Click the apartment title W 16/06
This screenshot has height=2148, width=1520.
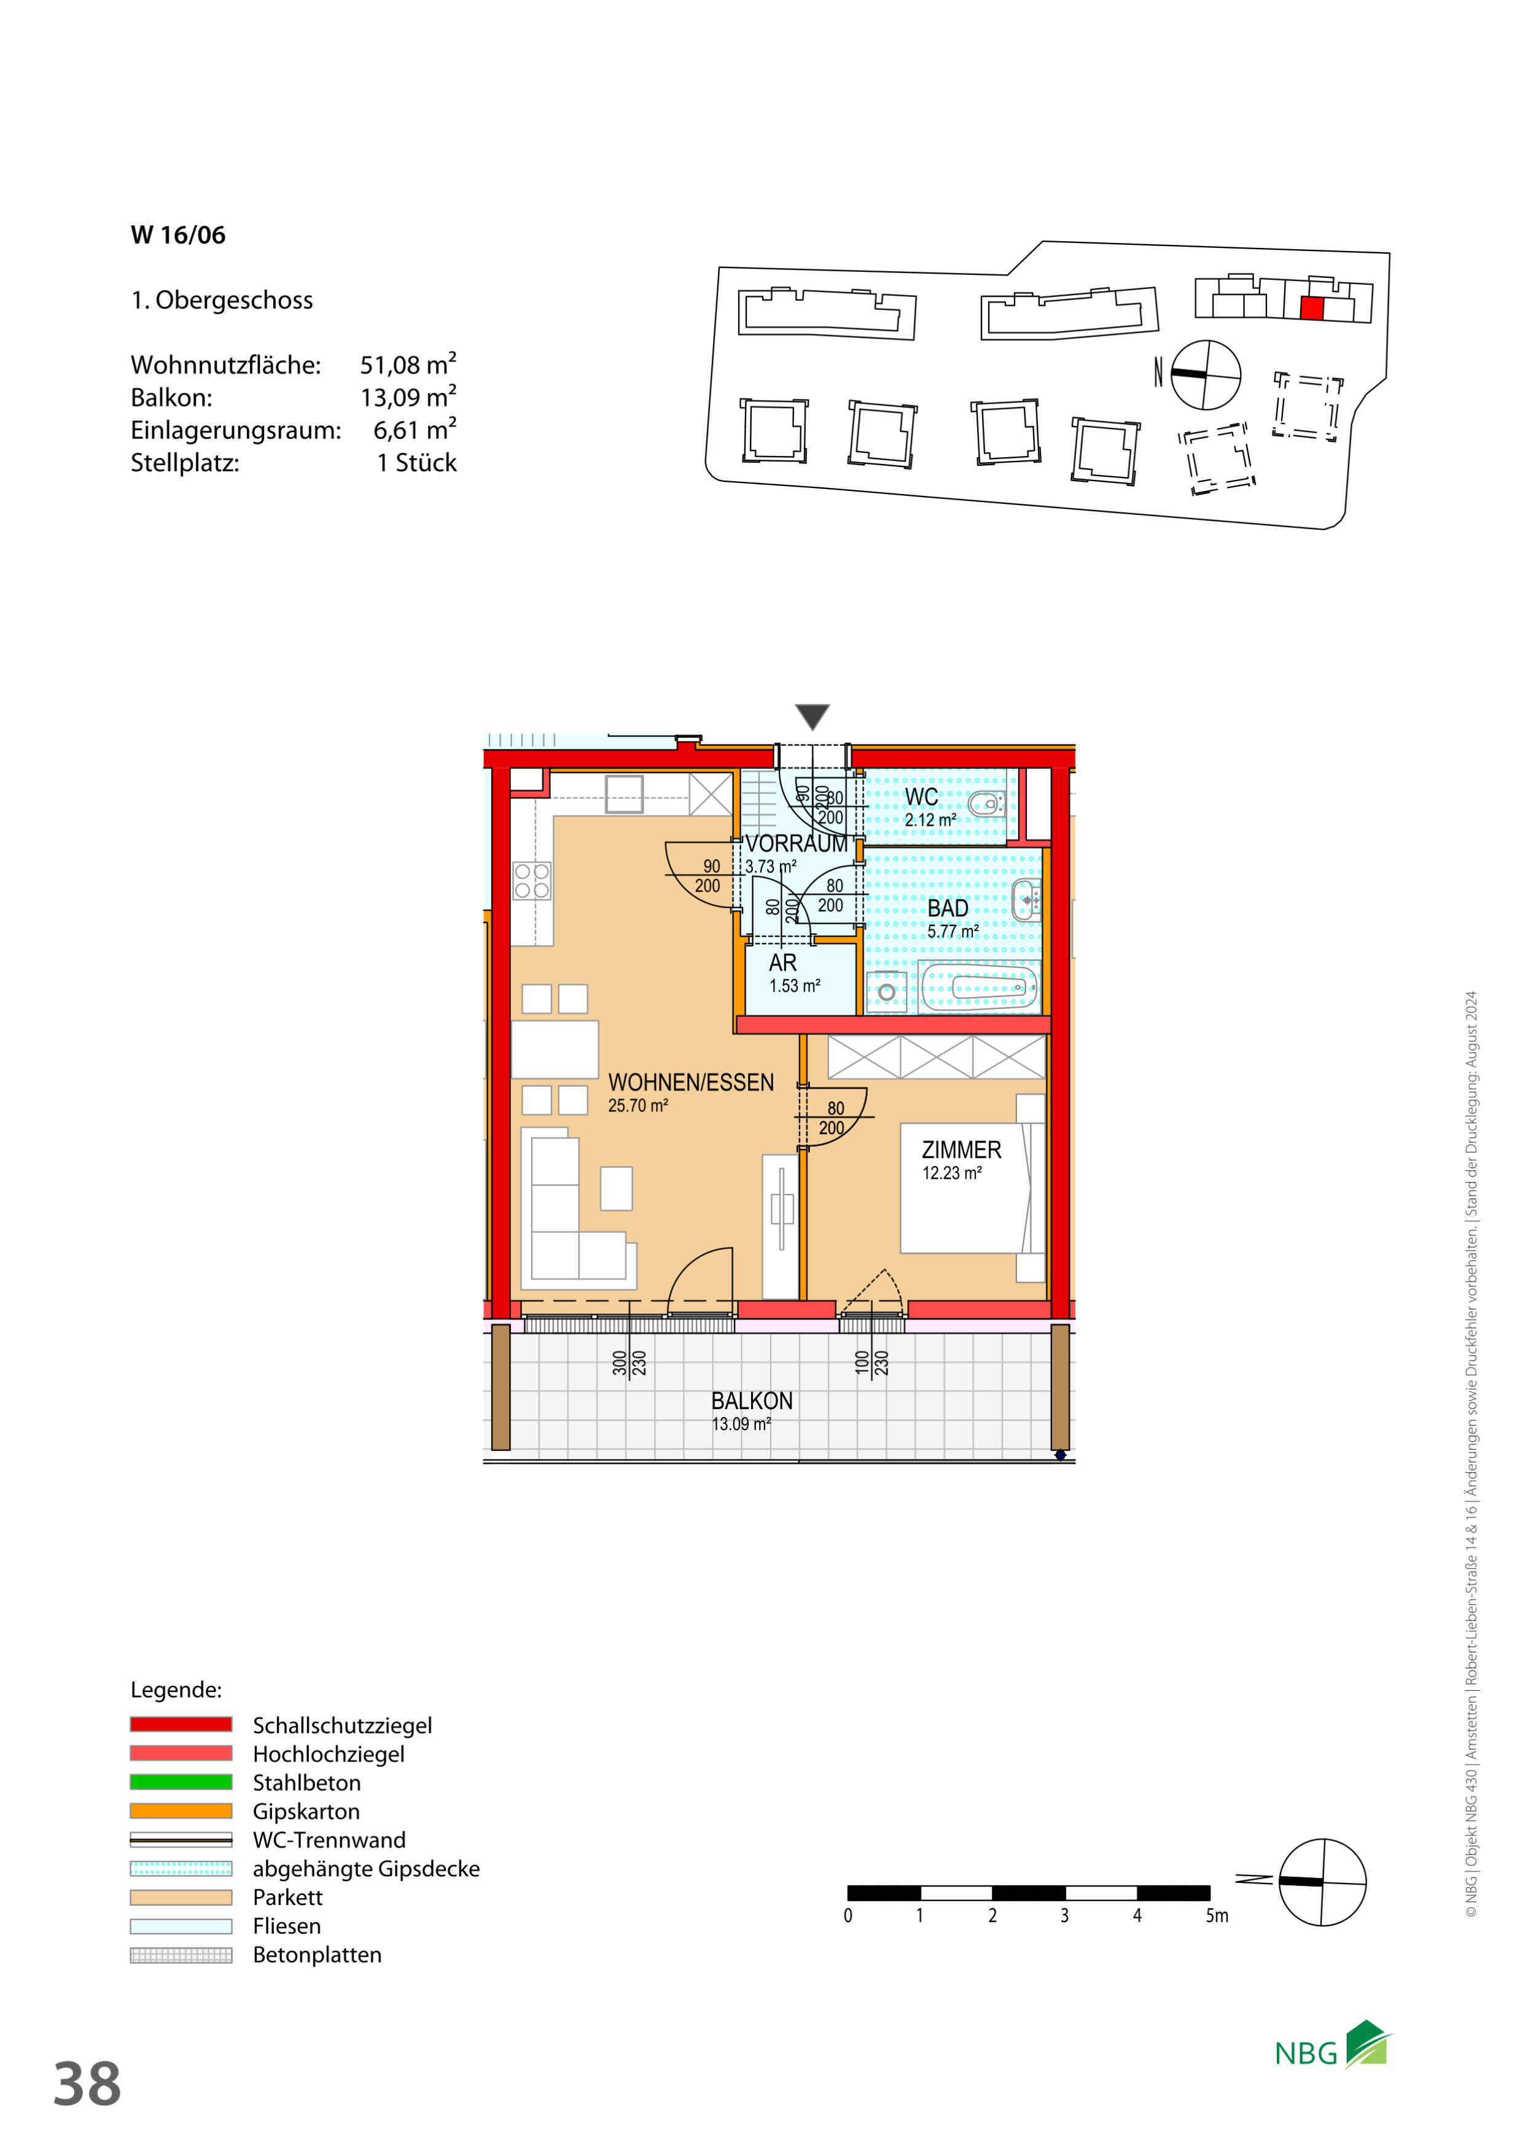tap(178, 235)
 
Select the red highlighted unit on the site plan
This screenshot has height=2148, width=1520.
tap(1312, 309)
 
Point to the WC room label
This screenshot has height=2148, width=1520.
tap(921, 797)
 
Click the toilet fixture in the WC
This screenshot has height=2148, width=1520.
tap(988, 803)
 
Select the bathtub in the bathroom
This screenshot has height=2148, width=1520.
tap(979, 987)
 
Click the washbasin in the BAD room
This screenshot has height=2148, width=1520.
tap(1027, 900)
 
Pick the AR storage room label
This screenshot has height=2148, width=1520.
tap(782, 963)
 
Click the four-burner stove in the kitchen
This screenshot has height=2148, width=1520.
tap(532, 881)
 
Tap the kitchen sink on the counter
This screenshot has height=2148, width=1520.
tap(625, 794)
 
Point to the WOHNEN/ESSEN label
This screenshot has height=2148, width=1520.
tap(691, 1083)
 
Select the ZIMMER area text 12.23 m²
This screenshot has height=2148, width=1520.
tap(952, 1173)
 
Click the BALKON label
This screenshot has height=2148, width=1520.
tap(752, 1400)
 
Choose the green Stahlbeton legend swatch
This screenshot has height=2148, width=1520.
tap(181, 1782)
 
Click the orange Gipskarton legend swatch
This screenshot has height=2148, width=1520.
tap(181, 1811)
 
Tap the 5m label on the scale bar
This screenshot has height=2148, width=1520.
tap(1217, 1916)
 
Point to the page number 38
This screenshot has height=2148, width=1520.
tap(87, 2084)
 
